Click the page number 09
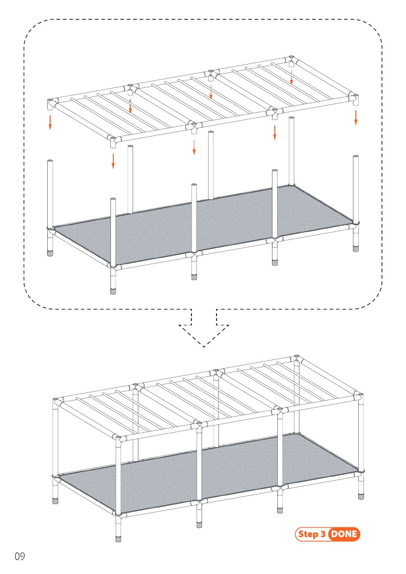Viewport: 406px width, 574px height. pyautogui.click(x=20, y=556)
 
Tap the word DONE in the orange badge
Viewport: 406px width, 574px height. pyautogui.click(x=344, y=534)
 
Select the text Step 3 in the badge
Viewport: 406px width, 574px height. pyautogui.click(x=311, y=534)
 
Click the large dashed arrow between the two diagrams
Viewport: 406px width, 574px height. pyautogui.click(x=204, y=328)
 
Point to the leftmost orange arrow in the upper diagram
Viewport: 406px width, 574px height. pyautogui.click(x=50, y=122)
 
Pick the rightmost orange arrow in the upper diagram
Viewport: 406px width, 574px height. pyautogui.click(x=355, y=118)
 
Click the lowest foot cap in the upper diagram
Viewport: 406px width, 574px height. pyautogui.click(x=113, y=291)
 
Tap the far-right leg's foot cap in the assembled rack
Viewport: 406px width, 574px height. pyautogui.click(x=361, y=496)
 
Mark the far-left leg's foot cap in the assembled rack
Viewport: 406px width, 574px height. pyautogui.click(x=55, y=500)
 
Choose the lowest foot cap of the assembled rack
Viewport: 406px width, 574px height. pyautogui.click(x=118, y=538)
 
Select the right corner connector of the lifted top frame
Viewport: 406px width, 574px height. pyautogui.click(x=353, y=98)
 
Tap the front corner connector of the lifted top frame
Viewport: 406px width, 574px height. pyautogui.click(x=114, y=141)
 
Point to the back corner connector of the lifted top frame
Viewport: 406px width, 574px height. pyautogui.click(x=291, y=60)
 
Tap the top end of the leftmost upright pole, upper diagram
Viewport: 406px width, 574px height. pyautogui.click(x=50, y=161)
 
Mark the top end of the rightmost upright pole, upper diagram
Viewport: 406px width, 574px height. pyautogui.click(x=355, y=157)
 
